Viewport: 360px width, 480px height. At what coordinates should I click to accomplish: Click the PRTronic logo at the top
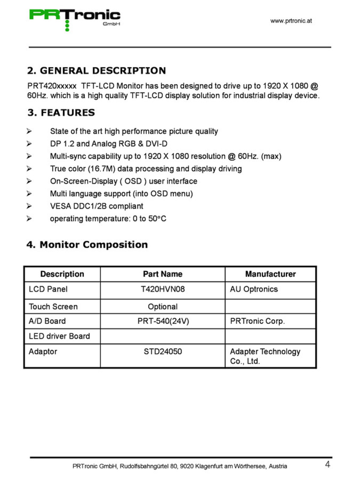(x=75, y=18)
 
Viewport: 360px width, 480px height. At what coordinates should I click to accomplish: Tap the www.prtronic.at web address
(x=291, y=21)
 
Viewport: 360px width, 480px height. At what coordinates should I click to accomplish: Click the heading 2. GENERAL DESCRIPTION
(x=96, y=70)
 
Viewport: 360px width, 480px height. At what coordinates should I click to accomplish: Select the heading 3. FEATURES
(x=61, y=112)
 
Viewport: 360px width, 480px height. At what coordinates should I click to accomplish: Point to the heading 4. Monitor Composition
(x=87, y=245)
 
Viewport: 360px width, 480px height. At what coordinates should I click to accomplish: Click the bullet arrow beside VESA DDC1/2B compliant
(x=29, y=206)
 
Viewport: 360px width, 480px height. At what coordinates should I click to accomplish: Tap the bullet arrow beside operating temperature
(x=29, y=218)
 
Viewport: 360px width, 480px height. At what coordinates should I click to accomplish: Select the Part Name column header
(x=162, y=274)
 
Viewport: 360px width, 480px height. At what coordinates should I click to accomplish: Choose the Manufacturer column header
(x=270, y=274)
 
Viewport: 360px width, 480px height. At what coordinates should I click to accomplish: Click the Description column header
(x=62, y=274)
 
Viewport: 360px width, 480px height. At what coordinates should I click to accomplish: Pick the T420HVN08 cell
(x=163, y=289)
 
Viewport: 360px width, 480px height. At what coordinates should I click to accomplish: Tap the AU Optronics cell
(x=254, y=289)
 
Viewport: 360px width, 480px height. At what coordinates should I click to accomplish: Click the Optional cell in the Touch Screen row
(x=163, y=306)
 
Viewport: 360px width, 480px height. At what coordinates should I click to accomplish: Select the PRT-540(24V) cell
(x=163, y=321)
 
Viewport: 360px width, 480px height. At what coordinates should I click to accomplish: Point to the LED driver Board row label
(x=59, y=336)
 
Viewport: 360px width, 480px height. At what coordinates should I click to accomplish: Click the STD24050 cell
(x=163, y=351)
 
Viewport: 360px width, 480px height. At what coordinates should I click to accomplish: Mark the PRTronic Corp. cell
(x=257, y=321)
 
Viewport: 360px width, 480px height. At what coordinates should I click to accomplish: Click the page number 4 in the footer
(x=327, y=464)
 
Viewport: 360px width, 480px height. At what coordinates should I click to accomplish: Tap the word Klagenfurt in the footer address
(x=209, y=466)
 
